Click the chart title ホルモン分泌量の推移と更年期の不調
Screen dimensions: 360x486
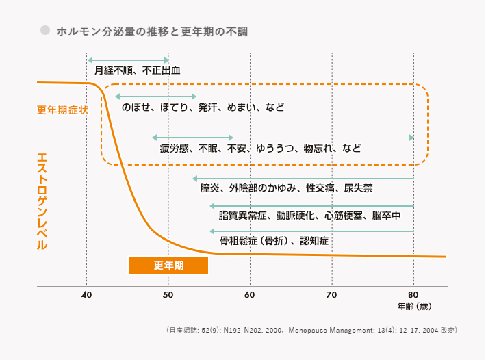(152, 31)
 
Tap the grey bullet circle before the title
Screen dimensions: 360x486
(46, 31)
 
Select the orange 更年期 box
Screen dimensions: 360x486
(168, 265)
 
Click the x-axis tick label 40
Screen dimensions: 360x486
(86, 296)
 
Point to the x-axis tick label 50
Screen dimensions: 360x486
(168, 296)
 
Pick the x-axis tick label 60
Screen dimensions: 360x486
(250, 296)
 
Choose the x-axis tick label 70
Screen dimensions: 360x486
(332, 296)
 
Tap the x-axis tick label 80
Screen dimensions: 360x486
(413, 296)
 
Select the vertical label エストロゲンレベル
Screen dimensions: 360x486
(42, 201)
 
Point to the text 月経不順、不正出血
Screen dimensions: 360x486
(138, 70)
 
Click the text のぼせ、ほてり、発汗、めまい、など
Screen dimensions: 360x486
(203, 107)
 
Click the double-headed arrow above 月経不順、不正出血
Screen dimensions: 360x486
(128, 60)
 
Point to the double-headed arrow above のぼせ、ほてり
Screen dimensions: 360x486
(156, 96)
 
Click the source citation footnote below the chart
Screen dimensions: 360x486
(311, 330)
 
